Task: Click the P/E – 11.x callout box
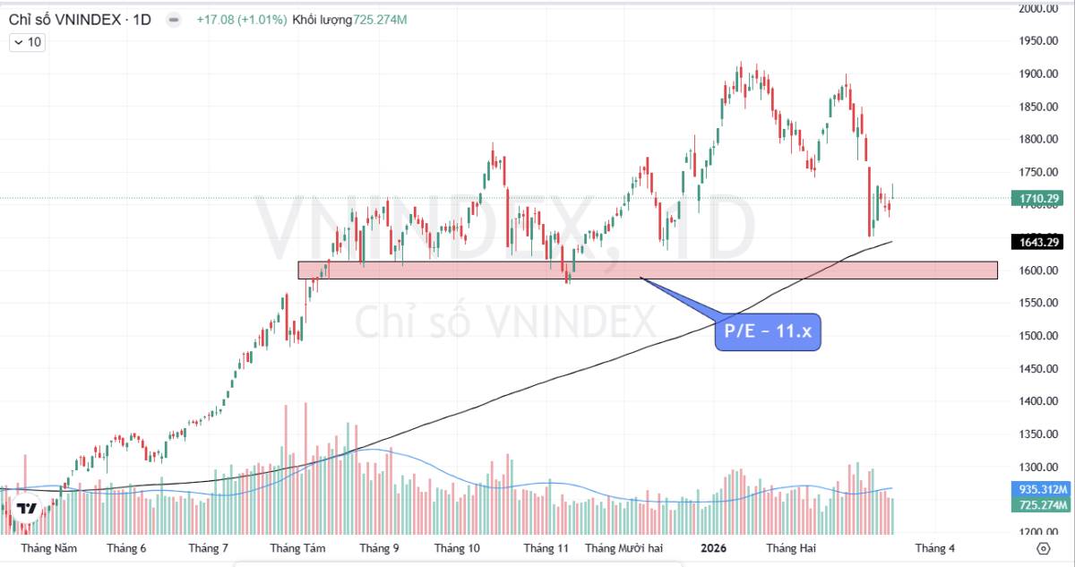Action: [768, 332]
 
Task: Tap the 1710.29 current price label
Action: [1039, 198]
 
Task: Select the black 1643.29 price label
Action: [1039, 242]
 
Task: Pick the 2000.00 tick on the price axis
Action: [1039, 8]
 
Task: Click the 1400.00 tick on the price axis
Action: [1039, 401]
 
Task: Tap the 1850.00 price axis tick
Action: [1039, 107]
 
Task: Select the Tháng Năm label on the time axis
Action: [48, 548]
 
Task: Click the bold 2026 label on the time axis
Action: [713, 548]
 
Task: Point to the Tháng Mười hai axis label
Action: [623, 548]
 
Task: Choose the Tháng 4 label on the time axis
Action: [934, 548]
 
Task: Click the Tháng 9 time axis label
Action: [379, 548]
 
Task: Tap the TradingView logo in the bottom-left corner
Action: [28, 509]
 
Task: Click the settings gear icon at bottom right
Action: [1043, 548]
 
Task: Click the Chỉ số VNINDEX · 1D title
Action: [80, 19]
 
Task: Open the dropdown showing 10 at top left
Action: [28, 42]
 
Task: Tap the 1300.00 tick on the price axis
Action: [1039, 467]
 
